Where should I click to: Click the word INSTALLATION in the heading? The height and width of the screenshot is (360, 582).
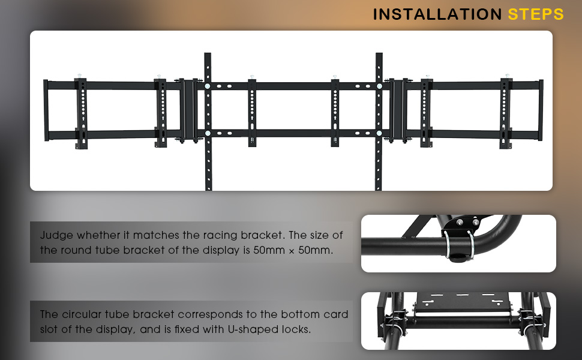click(x=437, y=14)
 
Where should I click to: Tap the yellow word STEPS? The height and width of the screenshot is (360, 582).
click(x=536, y=14)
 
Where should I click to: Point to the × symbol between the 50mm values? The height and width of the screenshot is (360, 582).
click(x=292, y=251)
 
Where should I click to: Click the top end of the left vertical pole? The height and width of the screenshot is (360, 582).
click(x=208, y=53)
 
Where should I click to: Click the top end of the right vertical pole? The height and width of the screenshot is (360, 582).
click(x=379, y=53)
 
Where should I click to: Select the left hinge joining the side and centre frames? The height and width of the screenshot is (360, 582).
click(x=188, y=110)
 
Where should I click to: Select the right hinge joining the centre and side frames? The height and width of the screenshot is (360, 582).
click(x=398, y=110)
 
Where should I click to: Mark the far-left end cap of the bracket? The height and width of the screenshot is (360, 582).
click(x=46, y=110)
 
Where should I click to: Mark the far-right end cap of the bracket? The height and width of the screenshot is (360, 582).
click(x=541, y=110)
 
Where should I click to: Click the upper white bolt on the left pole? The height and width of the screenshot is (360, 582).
click(x=207, y=86)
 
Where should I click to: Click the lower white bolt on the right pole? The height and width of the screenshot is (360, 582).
click(x=379, y=133)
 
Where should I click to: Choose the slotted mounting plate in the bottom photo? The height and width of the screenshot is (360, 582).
click(x=462, y=302)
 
